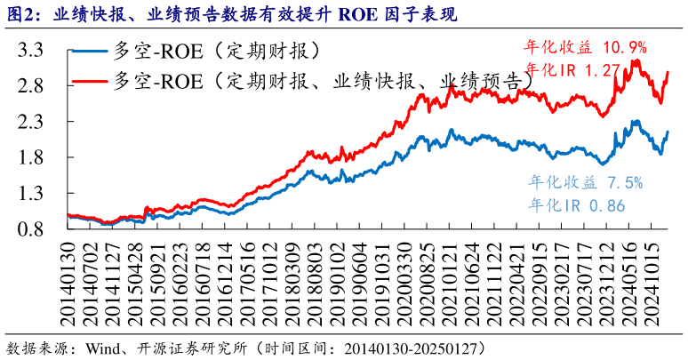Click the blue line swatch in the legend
click(91, 52)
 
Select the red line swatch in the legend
click(91, 80)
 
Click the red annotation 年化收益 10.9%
click(584, 45)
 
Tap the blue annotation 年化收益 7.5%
click(585, 183)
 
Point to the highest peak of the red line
click(636, 60)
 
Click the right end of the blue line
click(668, 132)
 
